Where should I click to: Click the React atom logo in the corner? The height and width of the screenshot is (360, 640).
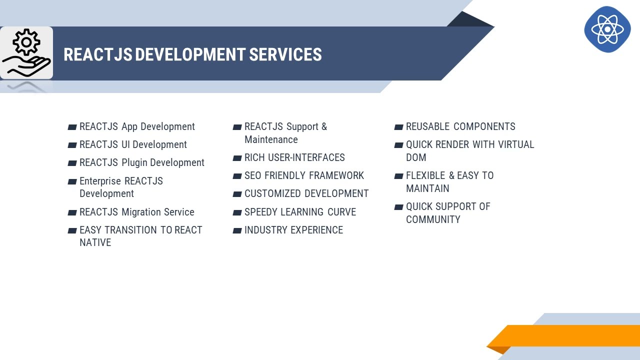(607, 29)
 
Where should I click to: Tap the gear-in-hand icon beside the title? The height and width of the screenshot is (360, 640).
(26, 53)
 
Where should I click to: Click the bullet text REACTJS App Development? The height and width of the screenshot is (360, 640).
(137, 127)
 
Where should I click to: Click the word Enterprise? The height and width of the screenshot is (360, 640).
(100, 181)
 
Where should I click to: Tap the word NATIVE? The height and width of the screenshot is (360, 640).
(95, 242)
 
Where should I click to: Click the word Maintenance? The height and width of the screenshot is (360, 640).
(271, 140)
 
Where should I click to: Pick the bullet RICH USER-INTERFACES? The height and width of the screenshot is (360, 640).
(294, 158)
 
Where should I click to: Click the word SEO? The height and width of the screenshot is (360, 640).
(252, 176)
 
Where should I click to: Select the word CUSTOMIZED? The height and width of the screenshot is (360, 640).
(272, 194)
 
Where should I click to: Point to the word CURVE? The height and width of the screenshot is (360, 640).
(341, 212)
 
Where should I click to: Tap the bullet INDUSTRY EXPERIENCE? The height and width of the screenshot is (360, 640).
(293, 230)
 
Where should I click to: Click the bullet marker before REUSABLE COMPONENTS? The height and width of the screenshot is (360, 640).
(398, 127)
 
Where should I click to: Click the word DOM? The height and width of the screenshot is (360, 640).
(416, 158)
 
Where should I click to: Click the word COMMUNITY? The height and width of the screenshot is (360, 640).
(433, 219)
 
